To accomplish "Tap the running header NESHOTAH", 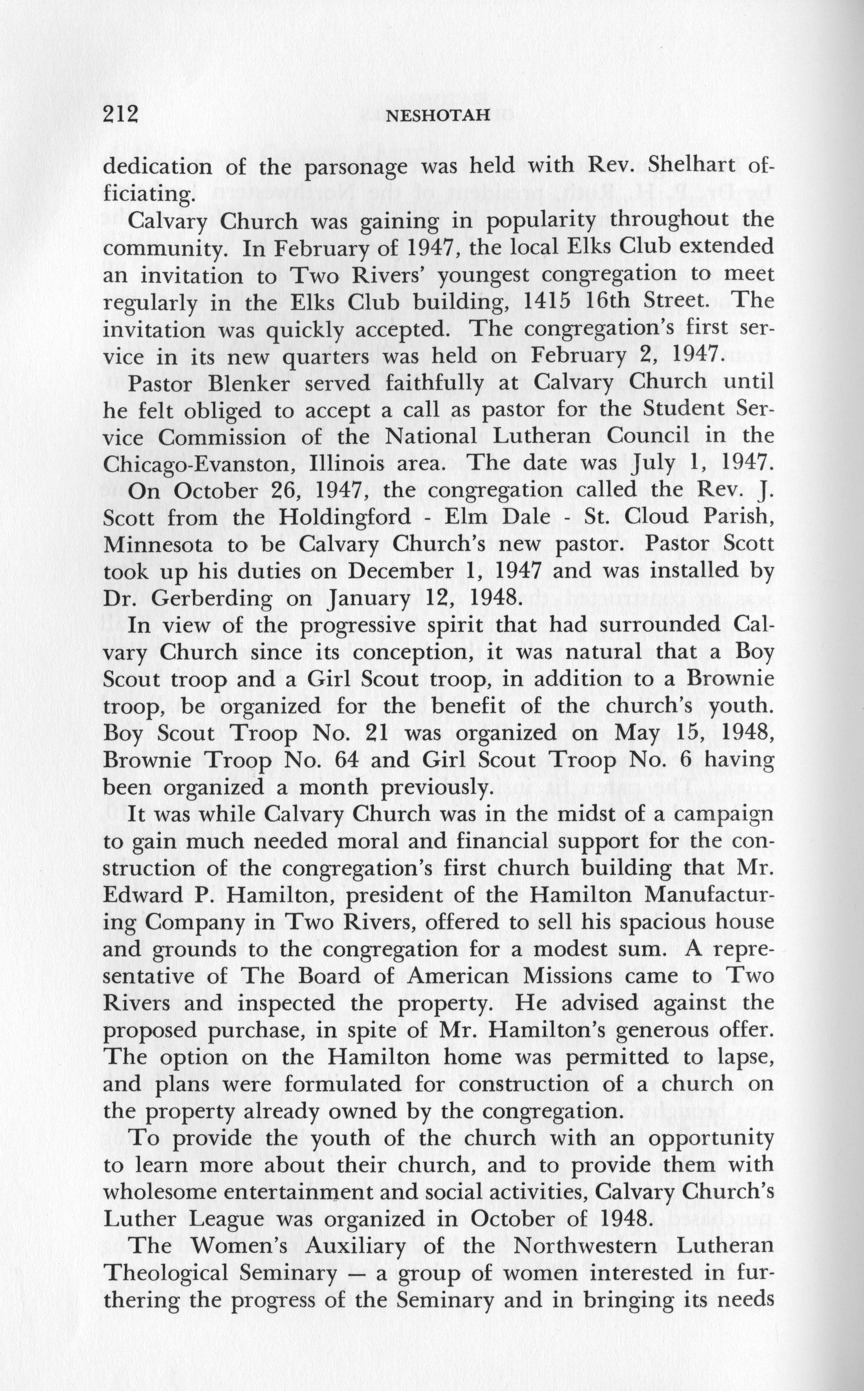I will (438, 116).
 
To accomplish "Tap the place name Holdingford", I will (345, 518).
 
